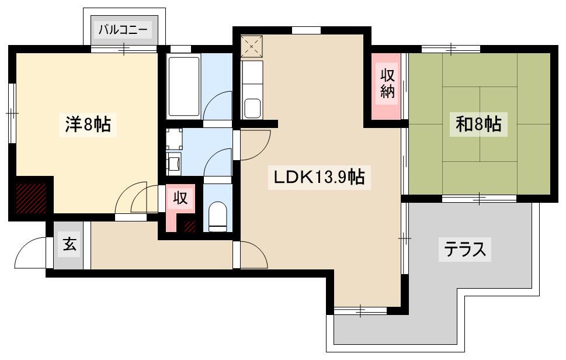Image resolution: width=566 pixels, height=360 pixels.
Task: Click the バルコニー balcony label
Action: (123, 30)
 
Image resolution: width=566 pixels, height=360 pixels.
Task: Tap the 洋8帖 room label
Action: (88, 124)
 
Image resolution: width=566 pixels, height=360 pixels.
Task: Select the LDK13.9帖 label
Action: (319, 177)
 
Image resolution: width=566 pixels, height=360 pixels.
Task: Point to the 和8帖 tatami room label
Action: (478, 124)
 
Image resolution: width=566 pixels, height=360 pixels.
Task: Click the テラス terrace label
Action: (464, 249)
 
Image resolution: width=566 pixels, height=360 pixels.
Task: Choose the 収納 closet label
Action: (387, 84)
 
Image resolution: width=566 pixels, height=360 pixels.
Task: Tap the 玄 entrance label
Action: (70, 245)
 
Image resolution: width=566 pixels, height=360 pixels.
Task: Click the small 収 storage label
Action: (180, 198)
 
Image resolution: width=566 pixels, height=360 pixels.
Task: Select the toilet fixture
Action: (218, 216)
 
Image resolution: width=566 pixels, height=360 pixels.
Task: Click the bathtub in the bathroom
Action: (184, 86)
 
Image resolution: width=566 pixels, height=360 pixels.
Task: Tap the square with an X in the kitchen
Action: (252, 46)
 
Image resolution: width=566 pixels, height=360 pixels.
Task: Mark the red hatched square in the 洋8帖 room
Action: (31, 198)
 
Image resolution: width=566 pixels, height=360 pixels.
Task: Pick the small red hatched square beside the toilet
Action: (190, 226)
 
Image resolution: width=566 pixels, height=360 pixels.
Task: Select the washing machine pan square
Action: (175, 139)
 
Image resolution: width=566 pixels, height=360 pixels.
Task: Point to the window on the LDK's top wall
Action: (306, 30)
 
